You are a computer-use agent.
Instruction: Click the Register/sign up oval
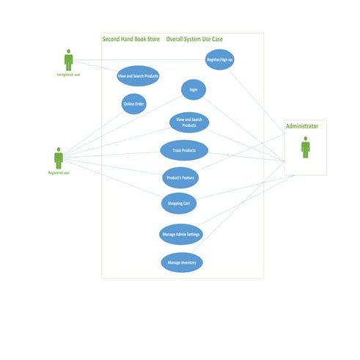220,59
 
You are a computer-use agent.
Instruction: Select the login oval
194,89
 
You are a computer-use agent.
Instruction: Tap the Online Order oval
133,104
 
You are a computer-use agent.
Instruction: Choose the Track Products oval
184,150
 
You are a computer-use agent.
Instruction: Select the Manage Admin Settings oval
180,235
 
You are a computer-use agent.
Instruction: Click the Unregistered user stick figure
69,60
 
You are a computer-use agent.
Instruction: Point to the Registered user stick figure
59,158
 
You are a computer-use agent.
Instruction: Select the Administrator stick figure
305,147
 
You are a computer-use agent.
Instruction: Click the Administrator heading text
302,127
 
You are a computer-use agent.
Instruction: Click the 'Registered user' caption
59,173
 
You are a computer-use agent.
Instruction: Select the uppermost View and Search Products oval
138,75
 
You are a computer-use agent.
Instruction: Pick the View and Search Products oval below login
189,122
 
